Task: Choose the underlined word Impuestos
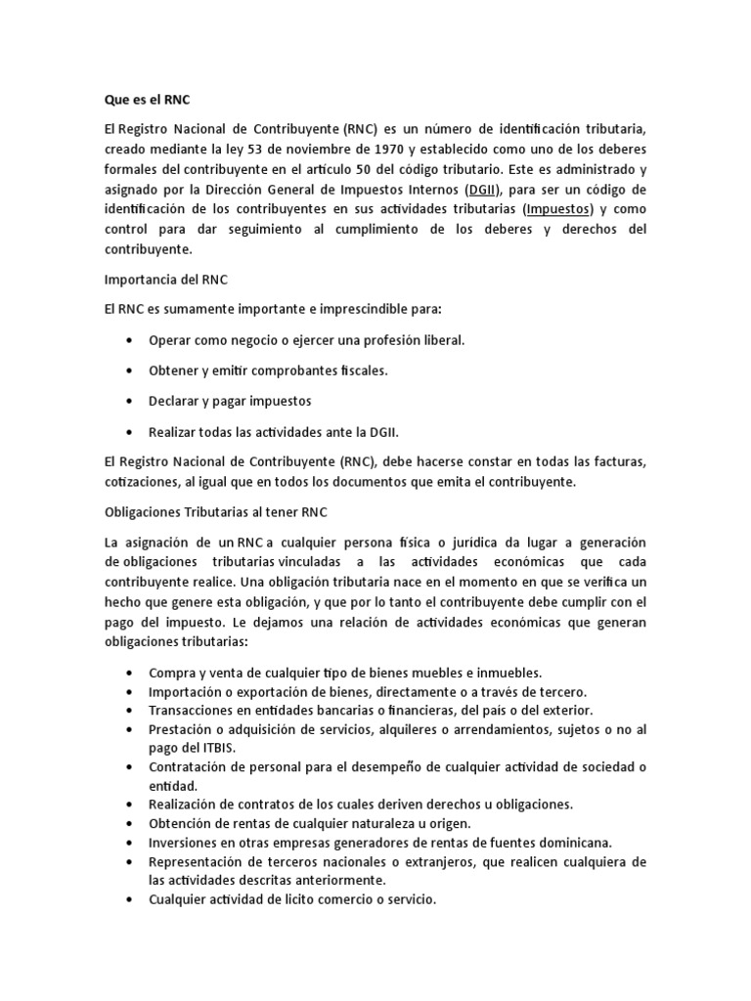(x=559, y=209)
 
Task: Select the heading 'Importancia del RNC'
(x=165, y=279)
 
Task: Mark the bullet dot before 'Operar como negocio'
(x=130, y=340)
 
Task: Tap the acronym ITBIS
(x=208, y=747)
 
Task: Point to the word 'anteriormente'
(x=334, y=879)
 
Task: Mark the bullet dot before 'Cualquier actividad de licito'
(x=130, y=899)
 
